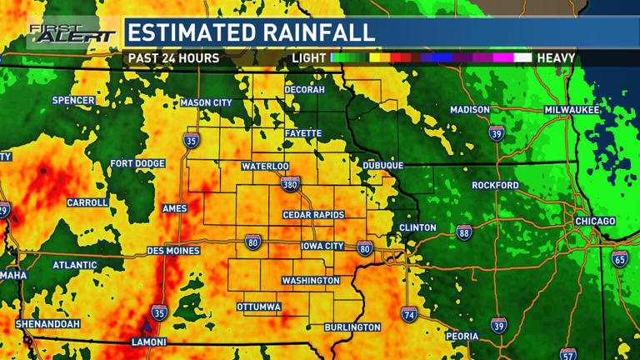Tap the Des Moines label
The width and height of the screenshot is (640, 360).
coord(173,251)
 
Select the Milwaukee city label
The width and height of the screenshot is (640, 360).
coord(572,110)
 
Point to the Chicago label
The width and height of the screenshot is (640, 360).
coord(595,221)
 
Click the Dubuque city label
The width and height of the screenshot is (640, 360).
coord(383,166)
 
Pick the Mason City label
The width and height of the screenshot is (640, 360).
coord(206,103)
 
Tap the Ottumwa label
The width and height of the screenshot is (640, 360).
coord(259,307)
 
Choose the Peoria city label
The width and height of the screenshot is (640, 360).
coord(462,336)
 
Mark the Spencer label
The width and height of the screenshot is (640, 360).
coord(73,101)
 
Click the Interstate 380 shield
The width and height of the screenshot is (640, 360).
coord(289,184)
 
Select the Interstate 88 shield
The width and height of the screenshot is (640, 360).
coord(463,232)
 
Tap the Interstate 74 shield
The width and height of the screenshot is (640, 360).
coord(408,314)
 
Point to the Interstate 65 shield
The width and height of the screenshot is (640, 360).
coord(620,258)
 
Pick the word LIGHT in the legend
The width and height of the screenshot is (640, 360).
coord(308,58)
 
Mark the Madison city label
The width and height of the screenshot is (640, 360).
coord(470,110)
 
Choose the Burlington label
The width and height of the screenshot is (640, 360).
coord(352,327)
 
